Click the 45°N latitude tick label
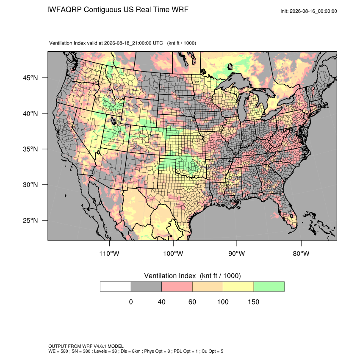[x=30, y=78]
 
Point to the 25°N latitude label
[x=30, y=220]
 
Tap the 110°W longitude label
[x=109, y=253]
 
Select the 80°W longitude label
[x=301, y=253]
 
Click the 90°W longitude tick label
[x=236, y=253]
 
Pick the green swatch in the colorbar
[x=269, y=287]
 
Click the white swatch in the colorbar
[x=116, y=287]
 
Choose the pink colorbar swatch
[x=177, y=287]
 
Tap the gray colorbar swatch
[x=146, y=287]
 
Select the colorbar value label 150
[x=253, y=302]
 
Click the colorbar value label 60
[x=192, y=302]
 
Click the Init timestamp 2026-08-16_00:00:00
[x=313, y=11]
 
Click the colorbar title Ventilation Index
[x=170, y=276]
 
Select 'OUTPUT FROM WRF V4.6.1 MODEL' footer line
[x=86, y=346]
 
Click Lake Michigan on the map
[x=242, y=108]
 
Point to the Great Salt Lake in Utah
[x=113, y=120]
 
